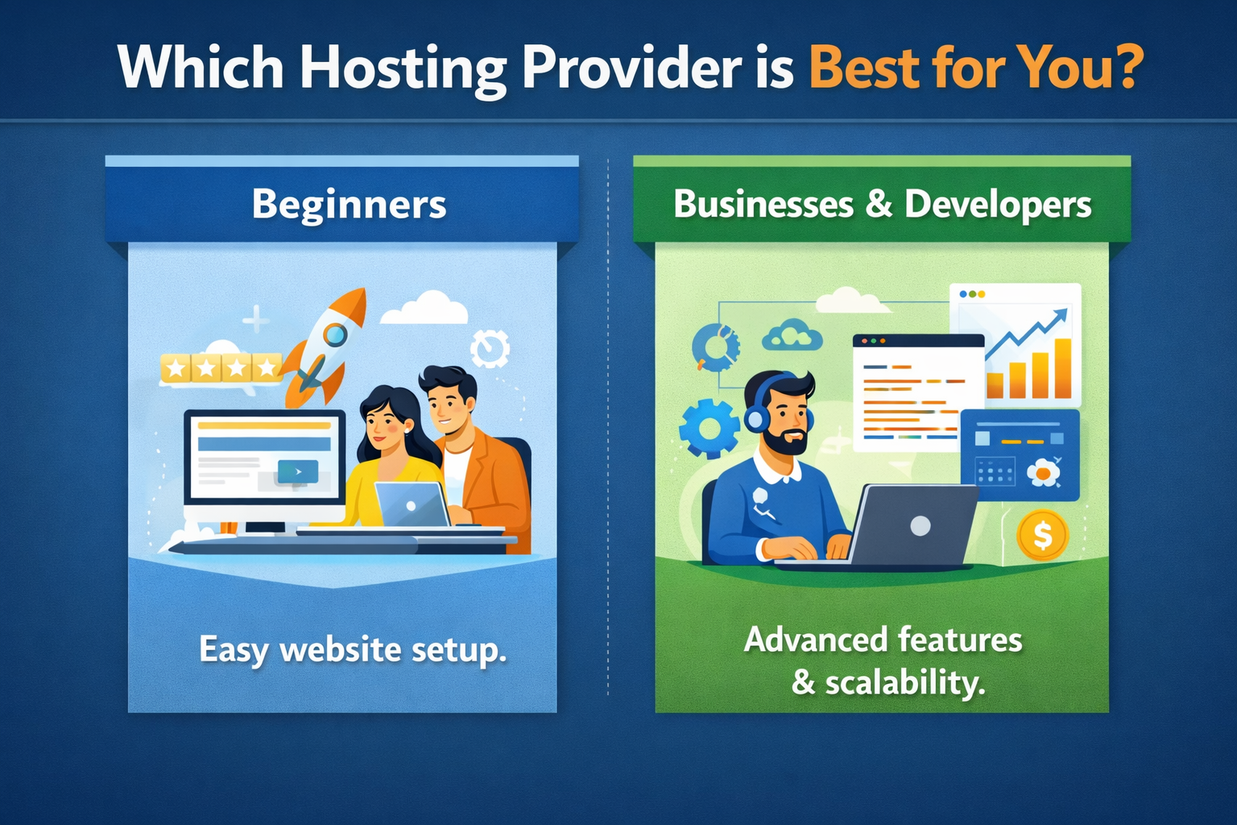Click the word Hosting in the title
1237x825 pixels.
[403, 69]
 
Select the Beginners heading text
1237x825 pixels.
[349, 205]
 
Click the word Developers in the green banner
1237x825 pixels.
[998, 205]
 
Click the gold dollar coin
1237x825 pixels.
[1043, 535]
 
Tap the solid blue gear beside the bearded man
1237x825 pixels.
[709, 429]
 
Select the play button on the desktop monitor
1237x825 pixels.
[298, 471]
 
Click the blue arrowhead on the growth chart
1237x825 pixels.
[1060, 317]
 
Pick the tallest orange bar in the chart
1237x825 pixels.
[1062, 368]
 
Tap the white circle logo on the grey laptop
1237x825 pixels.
[920, 525]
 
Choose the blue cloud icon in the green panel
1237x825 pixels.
[792, 335]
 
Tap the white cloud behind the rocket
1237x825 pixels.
[424, 309]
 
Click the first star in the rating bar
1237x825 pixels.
[176, 367]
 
